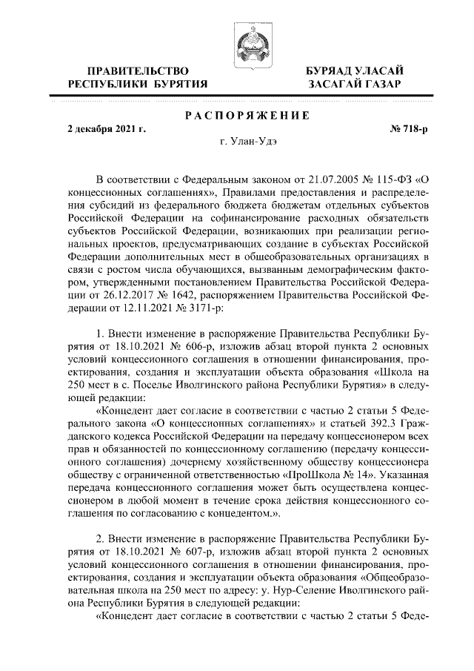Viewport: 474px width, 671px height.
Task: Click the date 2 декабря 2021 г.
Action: (107, 129)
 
